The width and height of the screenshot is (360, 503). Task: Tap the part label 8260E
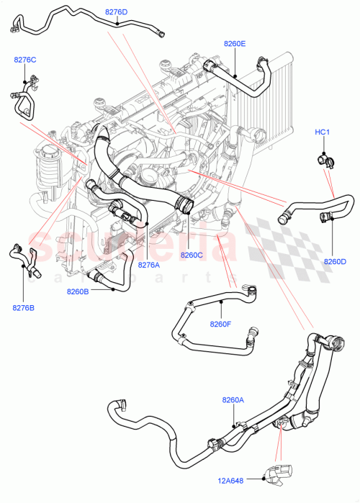pos(234,44)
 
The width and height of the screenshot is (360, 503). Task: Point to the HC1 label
pos(322,132)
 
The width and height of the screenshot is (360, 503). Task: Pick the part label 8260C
pos(192,255)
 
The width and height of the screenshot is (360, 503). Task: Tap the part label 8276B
pos(23,308)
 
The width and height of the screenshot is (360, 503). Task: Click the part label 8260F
pos(220,323)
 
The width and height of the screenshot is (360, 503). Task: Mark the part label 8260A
pos(233,399)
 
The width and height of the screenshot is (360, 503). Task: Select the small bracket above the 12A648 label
pos(279,471)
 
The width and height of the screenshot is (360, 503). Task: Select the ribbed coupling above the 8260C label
pos(184,205)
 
